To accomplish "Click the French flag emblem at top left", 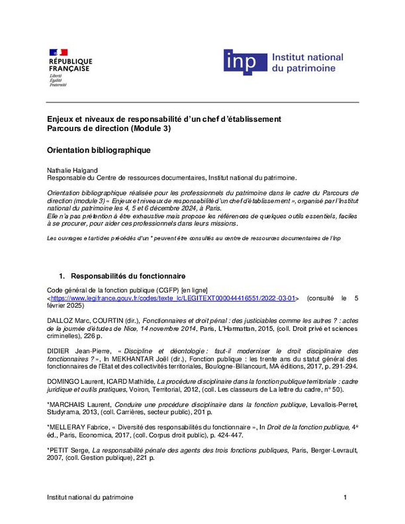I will [58, 52].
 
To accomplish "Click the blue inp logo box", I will [245, 62].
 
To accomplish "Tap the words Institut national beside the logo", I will [308, 57].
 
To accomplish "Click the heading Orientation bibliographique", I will [99, 150].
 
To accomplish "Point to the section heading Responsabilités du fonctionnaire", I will [128, 276].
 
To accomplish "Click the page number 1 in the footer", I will [345, 497].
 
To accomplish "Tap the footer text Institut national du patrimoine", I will [90, 497].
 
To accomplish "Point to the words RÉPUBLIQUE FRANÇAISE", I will [70, 65].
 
